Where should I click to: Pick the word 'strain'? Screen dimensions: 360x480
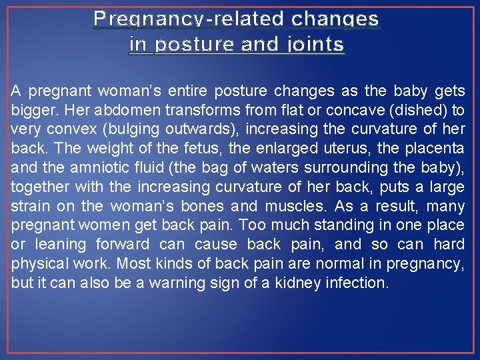(29, 206)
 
